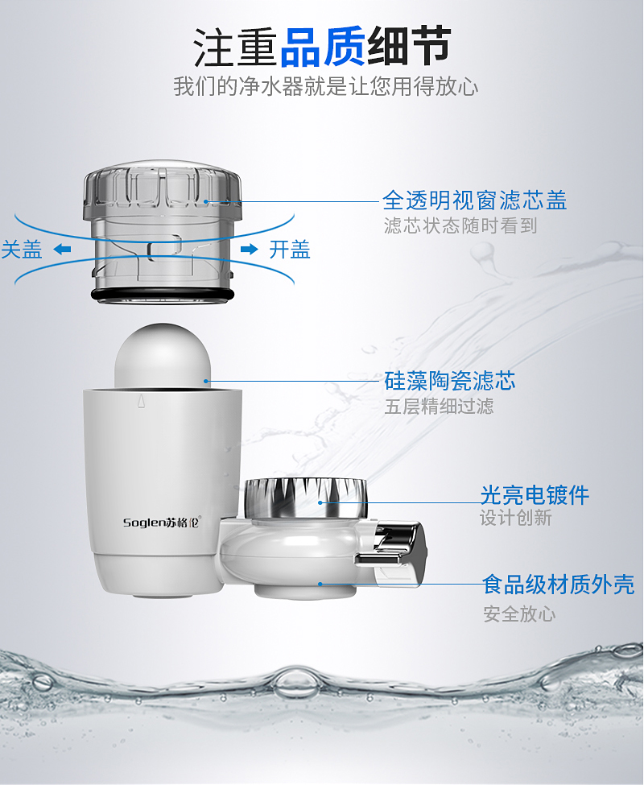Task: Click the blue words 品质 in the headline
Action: pyautogui.click(x=323, y=47)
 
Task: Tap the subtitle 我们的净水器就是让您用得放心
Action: pyautogui.click(x=326, y=86)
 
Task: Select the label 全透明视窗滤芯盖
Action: pyautogui.click(x=475, y=200)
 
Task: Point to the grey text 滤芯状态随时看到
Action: pyautogui.click(x=460, y=225)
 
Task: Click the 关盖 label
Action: pyautogui.click(x=22, y=250)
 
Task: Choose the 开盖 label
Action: pyautogui.click(x=290, y=250)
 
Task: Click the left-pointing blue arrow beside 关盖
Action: pyautogui.click(x=62, y=249)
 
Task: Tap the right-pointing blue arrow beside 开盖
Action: pyautogui.click(x=250, y=249)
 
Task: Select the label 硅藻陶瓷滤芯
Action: pyautogui.click(x=450, y=381)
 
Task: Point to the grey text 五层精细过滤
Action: pyautogui.click(x=439, y=406)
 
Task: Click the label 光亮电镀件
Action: pyautogui.click(x=535, y=494)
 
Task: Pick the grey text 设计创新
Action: pyautogui.click(x=516, y=518)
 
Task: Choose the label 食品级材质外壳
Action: pyautogui.click(x=559, y=585)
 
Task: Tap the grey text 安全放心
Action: pyautogui.click(x=519, y=614)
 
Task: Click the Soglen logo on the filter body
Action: pyautogui.click(x=162, y=523)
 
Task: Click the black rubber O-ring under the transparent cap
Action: pyautogui.click(x=162, y=295)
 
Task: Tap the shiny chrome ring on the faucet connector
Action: pyautogui.click(x=306, y=498)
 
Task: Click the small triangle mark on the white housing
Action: pyautogui.click(x=141, y=400)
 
